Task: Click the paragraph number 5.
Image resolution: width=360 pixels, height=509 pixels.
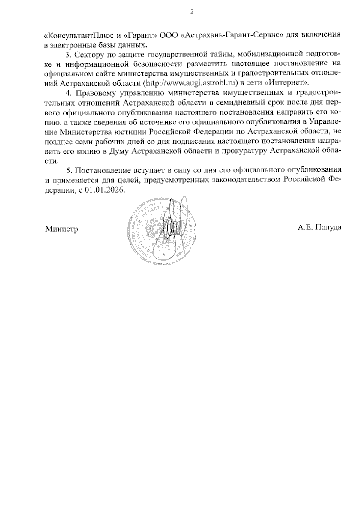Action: click(68, 171)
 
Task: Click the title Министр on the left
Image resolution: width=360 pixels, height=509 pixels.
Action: click(62, 229)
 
